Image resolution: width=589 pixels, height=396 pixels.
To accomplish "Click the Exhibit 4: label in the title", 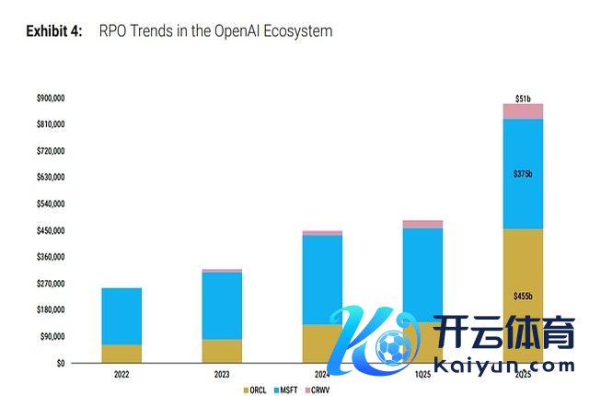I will (x=54, y=31).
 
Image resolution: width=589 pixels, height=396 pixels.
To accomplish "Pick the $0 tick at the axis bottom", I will (x=60, y=363).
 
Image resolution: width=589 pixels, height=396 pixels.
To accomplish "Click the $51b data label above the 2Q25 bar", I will (x=523, y=97).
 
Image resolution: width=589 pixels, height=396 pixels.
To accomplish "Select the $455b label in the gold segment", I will (x=523, y=296).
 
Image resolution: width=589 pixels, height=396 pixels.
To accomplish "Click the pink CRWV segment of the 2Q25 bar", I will (x=523, y=111).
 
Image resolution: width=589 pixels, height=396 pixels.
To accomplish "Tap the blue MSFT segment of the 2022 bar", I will (x=121, y=315).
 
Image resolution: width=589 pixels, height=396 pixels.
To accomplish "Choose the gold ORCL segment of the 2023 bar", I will (x=222, y=351).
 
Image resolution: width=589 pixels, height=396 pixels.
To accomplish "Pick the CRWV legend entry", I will (x=318, y=390).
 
